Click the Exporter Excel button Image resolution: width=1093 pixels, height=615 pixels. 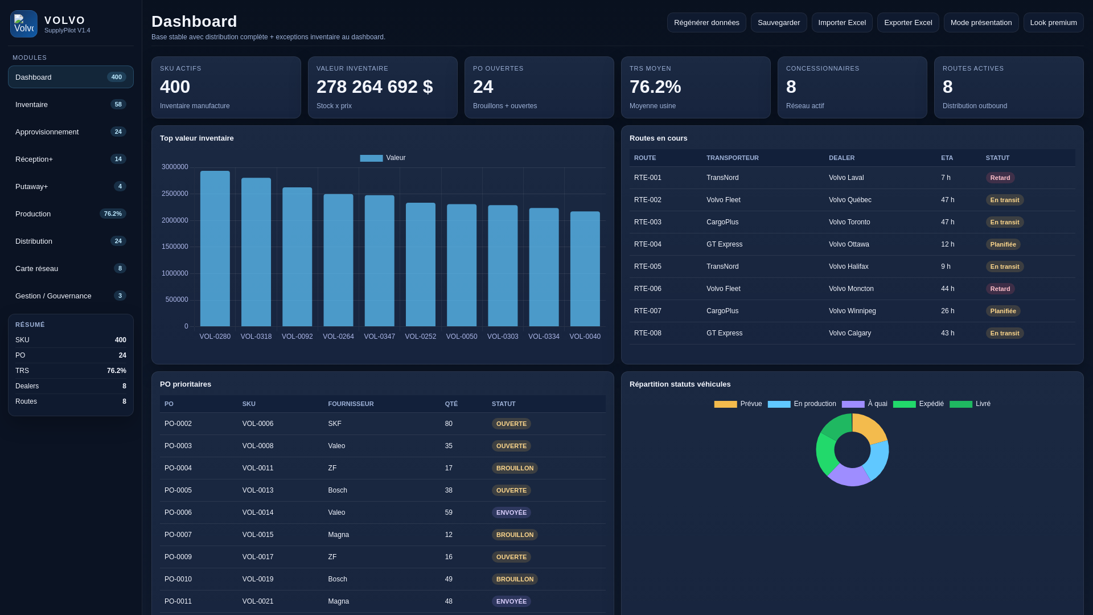coord(907,23)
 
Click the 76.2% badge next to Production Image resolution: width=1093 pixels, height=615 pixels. coord(113,214)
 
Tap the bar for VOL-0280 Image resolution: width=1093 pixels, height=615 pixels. coord(215,249)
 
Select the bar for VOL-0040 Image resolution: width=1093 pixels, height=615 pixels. coord(585,269)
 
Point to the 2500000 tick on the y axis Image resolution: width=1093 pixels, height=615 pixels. coord(175,194)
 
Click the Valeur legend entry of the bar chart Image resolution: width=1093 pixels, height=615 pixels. coord(383,158)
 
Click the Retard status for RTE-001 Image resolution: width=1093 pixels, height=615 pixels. coord(1000,178)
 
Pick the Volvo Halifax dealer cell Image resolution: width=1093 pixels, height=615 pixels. coord(848,266)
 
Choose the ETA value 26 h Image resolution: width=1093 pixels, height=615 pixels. coord(947,311)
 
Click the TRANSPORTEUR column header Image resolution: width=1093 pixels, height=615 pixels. coord(732,158)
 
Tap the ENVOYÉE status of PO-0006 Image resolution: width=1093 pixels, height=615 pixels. coord(511,512)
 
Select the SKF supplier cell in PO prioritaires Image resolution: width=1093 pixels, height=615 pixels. coord(335,424)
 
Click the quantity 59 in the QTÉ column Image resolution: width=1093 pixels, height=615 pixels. coord(449,512)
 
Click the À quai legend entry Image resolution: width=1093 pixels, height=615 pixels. coord(865,404)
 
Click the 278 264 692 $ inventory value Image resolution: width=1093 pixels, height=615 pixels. coord(375,87)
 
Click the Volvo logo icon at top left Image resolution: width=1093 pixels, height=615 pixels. coord(24,24)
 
